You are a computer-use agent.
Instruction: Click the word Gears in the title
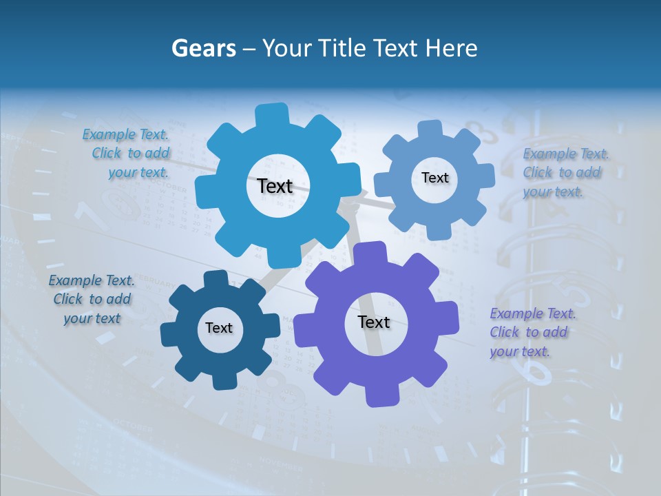[203, 48]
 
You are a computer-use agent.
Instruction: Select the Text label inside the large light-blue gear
[275, 186]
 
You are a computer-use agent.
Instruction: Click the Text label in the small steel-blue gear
[434, 178]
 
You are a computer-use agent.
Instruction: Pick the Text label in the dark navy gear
[218, 328]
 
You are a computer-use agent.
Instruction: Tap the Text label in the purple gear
[374, 322]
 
